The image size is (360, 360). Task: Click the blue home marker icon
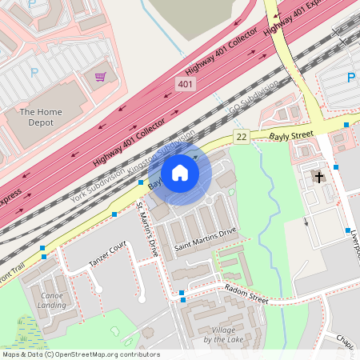click(180, 173)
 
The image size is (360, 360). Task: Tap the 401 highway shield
click(186, 85)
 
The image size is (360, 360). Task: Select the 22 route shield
click(241, 138)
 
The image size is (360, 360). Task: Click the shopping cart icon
click(101, 77)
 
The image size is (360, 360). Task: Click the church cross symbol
click(319, 177)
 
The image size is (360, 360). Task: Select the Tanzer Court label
click(108, 249)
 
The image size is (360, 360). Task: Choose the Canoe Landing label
click(52, 300)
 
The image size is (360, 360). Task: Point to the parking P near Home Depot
click(34, 72)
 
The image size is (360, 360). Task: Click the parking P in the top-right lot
click(350, 78)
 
